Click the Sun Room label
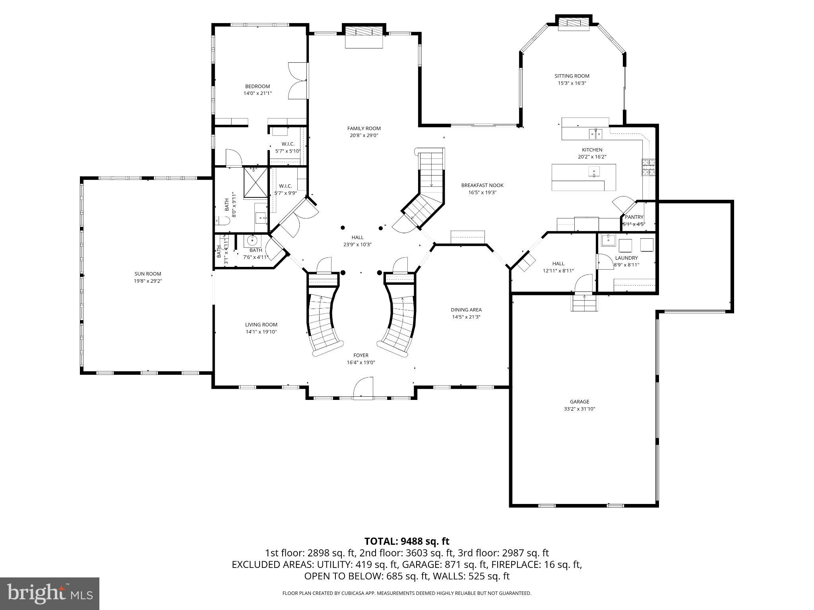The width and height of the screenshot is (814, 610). coord(147,274)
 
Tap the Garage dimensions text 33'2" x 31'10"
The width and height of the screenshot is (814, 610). coord(579,409)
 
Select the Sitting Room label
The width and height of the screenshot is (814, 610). coord(572,76)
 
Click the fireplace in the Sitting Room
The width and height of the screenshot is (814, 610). coord(573,23)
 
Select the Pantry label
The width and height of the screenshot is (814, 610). coord(634,217)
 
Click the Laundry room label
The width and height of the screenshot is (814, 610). coord(626,258)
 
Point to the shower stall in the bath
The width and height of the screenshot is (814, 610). coord(256,182)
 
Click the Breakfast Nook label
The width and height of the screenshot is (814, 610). coord(482,185)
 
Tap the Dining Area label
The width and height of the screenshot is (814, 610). coord(466,310)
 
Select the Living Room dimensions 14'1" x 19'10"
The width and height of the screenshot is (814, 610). coord(261,332)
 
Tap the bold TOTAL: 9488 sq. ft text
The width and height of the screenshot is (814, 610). coord(407,541)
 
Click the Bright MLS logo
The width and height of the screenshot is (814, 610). coord(50,593)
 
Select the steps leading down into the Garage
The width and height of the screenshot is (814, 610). coord(584,303)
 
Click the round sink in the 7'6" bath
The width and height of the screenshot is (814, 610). coord(252,240)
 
